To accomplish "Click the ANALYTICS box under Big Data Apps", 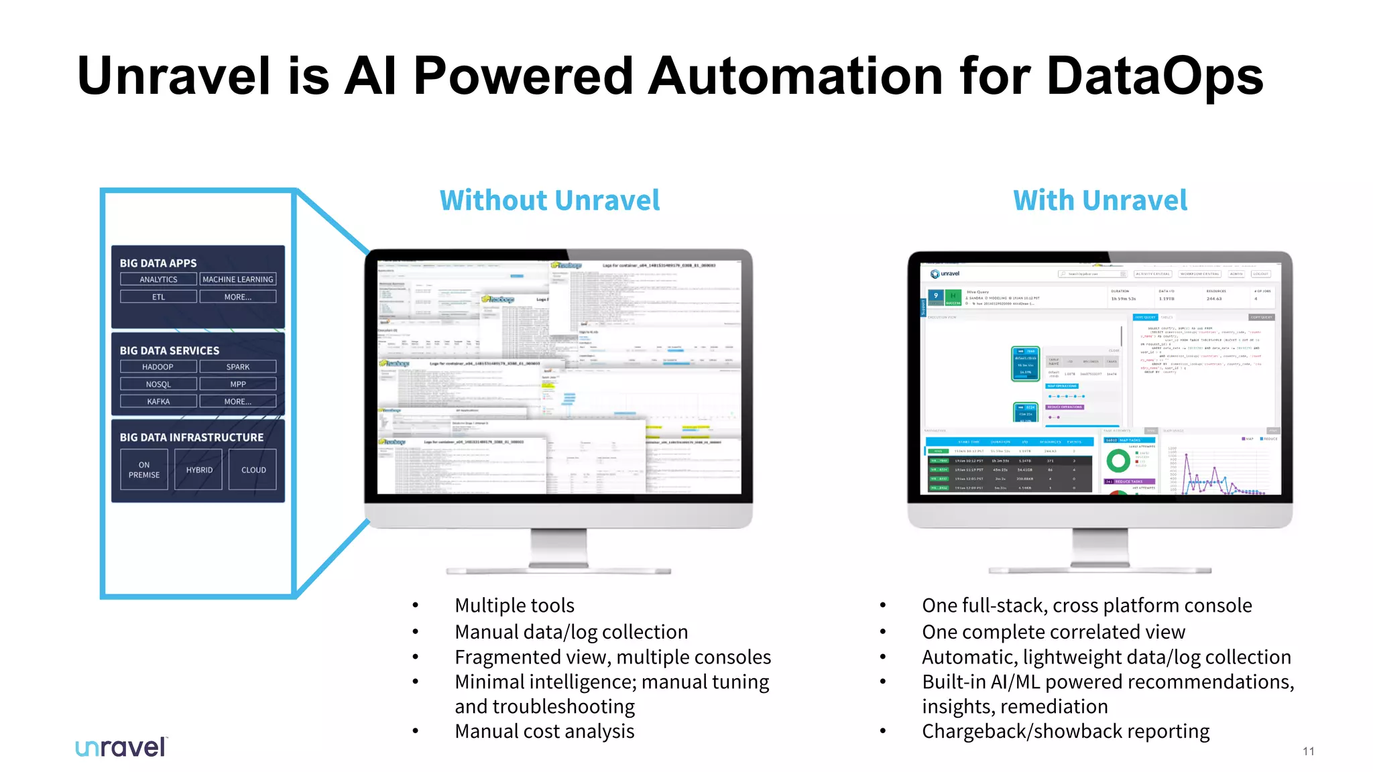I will click(x=159, y=279).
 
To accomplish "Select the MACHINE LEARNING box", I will click(x=238, y=279).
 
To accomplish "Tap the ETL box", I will click(x=159, y=297).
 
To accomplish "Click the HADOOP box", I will click(x=158, y=367).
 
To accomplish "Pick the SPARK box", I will click(x=238, y=367).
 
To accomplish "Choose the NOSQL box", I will click(x=158, y=384).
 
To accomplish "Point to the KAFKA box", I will click(x=158, y=401).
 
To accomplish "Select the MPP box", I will click(x=238, y=384).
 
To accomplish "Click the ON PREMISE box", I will click(x=144, y=470).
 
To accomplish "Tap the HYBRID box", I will click(x=199, y=470).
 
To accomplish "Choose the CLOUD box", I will click(x=253, y=470).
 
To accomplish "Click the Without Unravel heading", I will click(x=550, y=200).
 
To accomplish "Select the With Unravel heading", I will click(x=1100, y=200).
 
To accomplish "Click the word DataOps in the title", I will click(x=1154, y=76).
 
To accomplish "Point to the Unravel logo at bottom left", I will click(x=121, y=747).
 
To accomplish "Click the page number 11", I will click(x=1309, y=751).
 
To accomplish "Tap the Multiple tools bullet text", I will click(x=514, y=605).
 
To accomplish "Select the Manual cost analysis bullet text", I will click(x=544, y=731).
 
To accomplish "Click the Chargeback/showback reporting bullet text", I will click(x=1065, y=731).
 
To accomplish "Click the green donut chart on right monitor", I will click(x=1118, y=460).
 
